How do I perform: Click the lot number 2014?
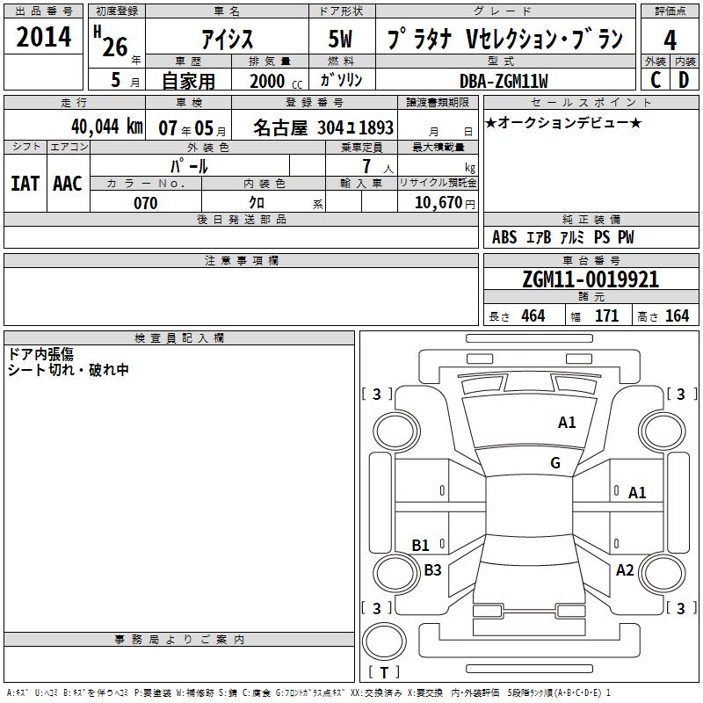click(x=43, y=37)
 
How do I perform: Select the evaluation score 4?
click(x=670, y=40)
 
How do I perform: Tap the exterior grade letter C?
click(x=656, y=80)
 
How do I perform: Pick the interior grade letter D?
click(x=684, y=80)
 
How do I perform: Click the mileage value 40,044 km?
click(x=107, y=127)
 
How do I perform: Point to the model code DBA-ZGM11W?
click(x=504, y=81)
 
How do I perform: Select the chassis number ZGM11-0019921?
click(x=591, y=279)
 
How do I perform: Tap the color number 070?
click(x=146, y=203)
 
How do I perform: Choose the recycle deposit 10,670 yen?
click(x=445, y=203)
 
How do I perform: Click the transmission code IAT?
click(x=25, y=184)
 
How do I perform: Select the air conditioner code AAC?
click(x=68, y=184)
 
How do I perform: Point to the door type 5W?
click(x=340, y=39)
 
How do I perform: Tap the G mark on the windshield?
click(x=555, y=462)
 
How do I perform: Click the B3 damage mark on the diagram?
click(x=432, y=569)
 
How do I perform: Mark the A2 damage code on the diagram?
click(x=625, y=569)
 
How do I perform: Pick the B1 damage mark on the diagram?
click(x=420, y=545)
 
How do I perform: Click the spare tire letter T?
click(x=384, y=672)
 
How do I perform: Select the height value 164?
click(x=677, y=315)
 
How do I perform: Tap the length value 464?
click(x=533, y=315)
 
